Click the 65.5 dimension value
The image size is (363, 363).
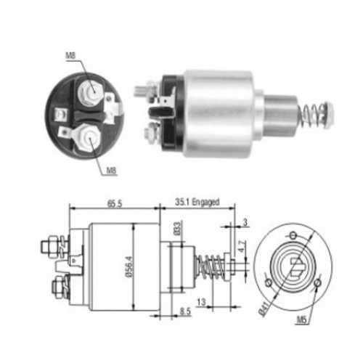tap(114, 204)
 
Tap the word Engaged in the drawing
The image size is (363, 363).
tap(205, 202)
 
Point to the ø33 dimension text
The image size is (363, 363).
tap(177, 228)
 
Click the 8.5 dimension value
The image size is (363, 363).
tap(185, 311)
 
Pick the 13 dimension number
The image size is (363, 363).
tap(201, 302)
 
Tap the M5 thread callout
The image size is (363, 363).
tap(301, 319)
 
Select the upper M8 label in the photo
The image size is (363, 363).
tap(70, 55)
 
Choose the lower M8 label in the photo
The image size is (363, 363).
tap(112, 171)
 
